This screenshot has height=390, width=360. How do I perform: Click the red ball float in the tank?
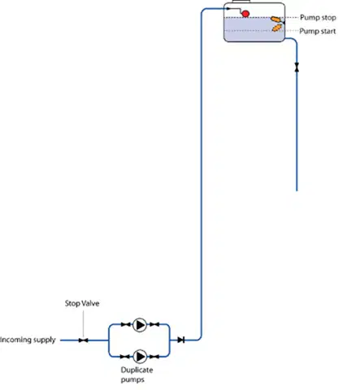click(x=245, y=14)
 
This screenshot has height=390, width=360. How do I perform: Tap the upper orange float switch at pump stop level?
click(x=275, y=19)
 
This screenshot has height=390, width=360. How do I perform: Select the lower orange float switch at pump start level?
click(x=277, y=28)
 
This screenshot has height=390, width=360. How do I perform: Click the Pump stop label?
click(x=318, y=18)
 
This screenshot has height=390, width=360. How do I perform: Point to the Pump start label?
click(x=318, y=32)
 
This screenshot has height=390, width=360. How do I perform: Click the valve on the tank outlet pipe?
click(x=297, y=67)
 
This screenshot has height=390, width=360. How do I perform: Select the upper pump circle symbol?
click(x=140, y=325)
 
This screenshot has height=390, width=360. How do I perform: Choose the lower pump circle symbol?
click(x=140, y=357)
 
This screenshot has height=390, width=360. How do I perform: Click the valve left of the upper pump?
click(x=125, y=324)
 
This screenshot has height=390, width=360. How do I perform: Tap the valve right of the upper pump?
click(x=154, y=324)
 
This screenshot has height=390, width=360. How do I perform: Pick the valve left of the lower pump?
click(x=125, y=357)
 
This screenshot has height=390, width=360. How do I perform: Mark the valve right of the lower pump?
click(x=154, y=357)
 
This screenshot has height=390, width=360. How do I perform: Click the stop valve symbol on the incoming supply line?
click(x=84, y=340)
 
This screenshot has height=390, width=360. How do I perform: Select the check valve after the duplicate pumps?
click(x=181, y=340)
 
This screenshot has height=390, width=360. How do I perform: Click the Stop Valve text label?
click(x=82, y=303)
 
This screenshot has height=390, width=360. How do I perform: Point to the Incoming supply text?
click(x=28, y=340)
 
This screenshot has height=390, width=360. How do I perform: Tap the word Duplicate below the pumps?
click(x=137, y=370)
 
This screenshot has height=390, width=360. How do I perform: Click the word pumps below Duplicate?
click(x=132, y=379)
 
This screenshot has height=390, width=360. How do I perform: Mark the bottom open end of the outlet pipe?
click(x=297, y=191)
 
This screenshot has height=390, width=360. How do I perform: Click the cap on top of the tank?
click(x=241, y=2)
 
